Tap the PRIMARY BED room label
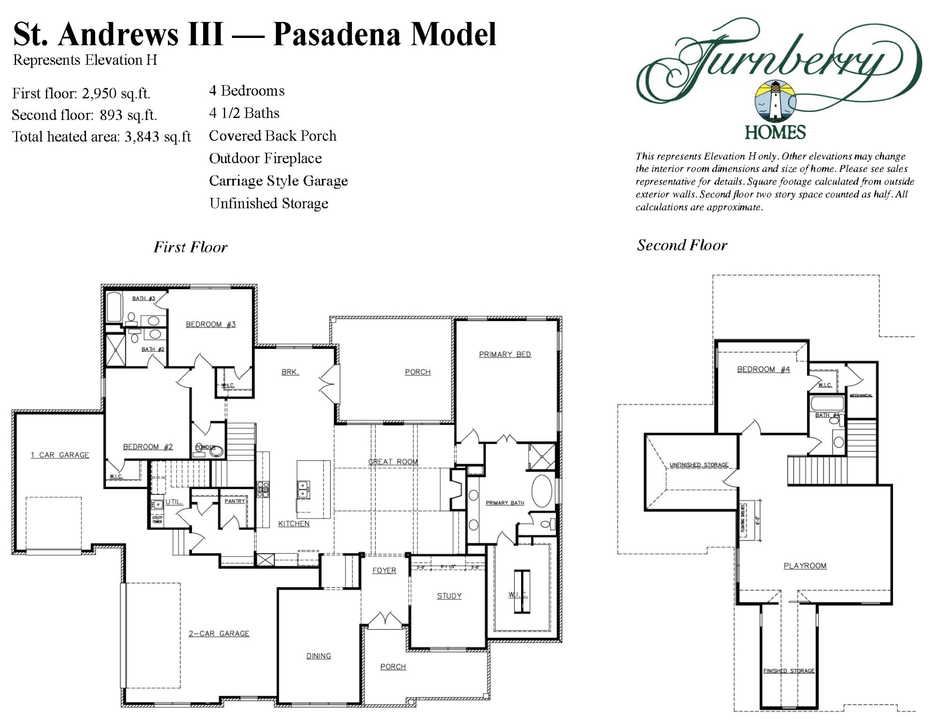pos(505,354)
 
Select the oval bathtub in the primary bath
pos(542,492)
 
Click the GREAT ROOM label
pos(393,462)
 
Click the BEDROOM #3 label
pos(210,325)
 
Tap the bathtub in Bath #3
pos(113,307)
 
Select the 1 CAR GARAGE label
pos(60,455)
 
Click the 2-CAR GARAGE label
pos(219,633)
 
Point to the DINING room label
pos(318,656)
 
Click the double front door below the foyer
pos(385,621)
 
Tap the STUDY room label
pos(449,596)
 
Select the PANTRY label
pos(235,501)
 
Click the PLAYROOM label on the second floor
pos(805,566)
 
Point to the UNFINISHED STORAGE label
pos(699,465)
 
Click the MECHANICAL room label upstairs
pos(861,395)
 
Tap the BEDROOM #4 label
pos(763,370)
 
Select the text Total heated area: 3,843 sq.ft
pos(101,137)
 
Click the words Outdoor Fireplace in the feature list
pos(265,159)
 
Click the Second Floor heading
pos(682,246)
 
